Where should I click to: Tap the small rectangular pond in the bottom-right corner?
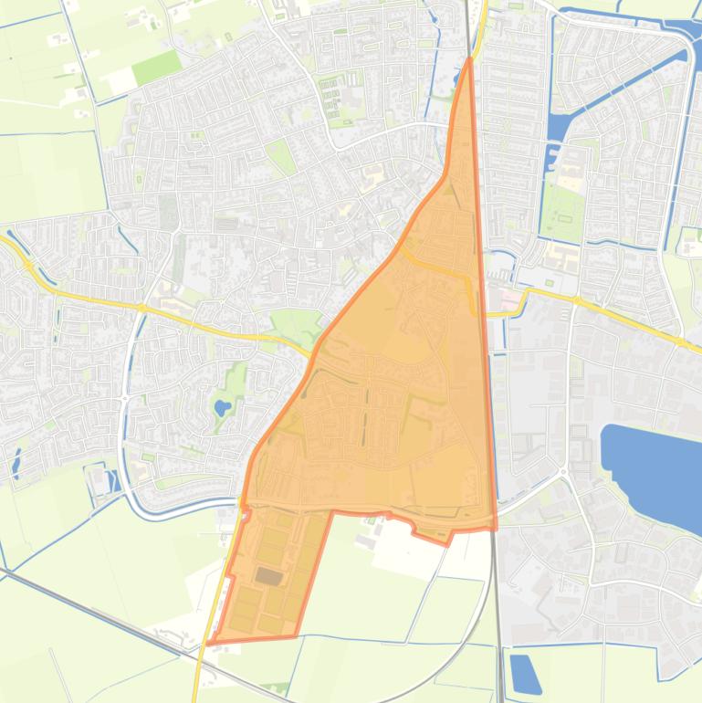[525, 673]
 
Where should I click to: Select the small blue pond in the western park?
[222, 407]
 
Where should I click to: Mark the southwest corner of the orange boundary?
[208, 643]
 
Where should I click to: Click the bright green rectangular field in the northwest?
[157, 67]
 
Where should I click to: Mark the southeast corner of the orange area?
[496, 527]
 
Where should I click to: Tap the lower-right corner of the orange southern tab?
[297, 635]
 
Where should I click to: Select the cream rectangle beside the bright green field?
[121, 82]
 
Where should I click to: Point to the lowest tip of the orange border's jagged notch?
[448, 544]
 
